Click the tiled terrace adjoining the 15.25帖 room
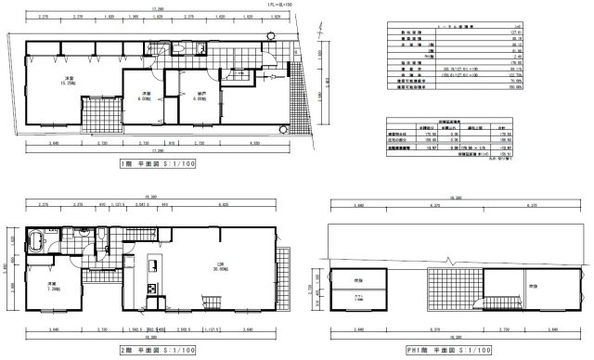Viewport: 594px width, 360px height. (94, 116)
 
